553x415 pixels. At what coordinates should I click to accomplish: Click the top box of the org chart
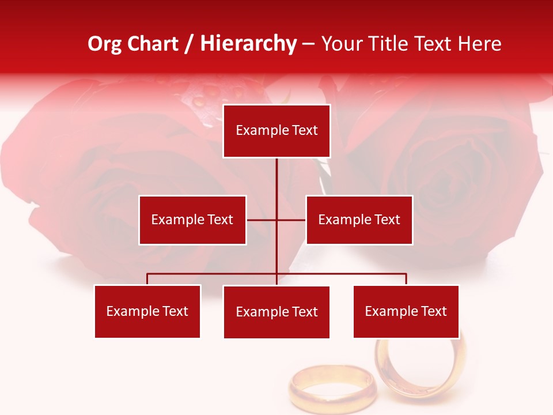[x=276, y=131]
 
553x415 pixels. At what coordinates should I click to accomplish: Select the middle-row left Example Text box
[x=192, y=220]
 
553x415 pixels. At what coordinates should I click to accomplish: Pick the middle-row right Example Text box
[x=359, y=220]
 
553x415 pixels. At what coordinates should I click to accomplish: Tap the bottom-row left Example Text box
[x=147, y=311]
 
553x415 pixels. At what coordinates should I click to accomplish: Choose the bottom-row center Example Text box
[x=276, y=312]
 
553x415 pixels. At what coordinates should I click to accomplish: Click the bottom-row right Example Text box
[x=406, y=311]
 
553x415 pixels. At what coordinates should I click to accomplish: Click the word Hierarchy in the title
[x=248, y=44]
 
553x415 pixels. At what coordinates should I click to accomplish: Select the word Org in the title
[x=105, y=44]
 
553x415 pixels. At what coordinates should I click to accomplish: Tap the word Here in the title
[x=480, y=44]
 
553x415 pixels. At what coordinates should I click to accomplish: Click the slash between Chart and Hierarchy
[x=189, y=44]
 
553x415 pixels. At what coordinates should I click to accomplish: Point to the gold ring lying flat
[x=332, y=386]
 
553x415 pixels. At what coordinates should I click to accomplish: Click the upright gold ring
[x=422, y=368]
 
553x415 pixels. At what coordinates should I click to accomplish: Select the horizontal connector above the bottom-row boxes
[x=213, y=274]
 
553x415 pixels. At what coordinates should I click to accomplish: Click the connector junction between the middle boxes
[x=276, y=220]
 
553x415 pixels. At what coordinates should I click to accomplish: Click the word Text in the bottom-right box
[x=433, y=311]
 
